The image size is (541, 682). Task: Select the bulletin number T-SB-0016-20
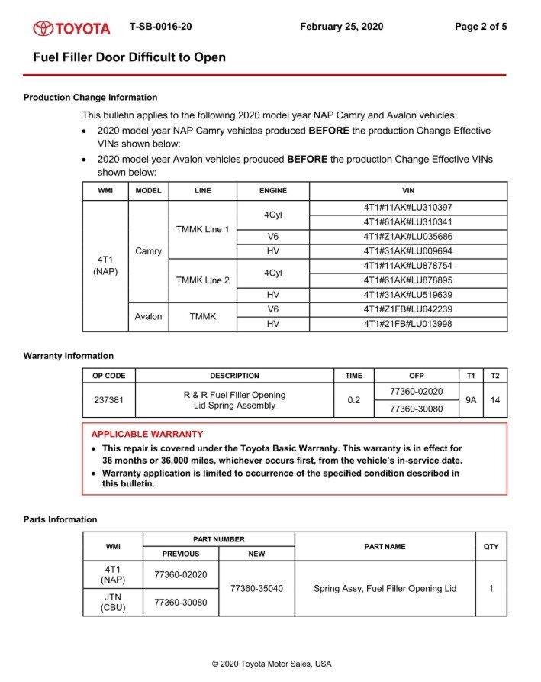(161, 27)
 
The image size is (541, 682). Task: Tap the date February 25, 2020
(342, 27)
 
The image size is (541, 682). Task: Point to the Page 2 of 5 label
(481, 27)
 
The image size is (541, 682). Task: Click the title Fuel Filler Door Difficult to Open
(129, 57)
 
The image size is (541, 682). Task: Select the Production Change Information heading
(90, 98)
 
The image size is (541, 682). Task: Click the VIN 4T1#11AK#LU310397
(408, 208)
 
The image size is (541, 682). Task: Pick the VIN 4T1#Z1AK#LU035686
(408, 237)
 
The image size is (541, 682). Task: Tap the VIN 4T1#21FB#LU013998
(408, 325)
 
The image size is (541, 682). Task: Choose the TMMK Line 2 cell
(202, 280)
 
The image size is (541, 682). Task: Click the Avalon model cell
(148, 317)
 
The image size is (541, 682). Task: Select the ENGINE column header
(273, 190)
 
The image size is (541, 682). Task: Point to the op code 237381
(108, 400)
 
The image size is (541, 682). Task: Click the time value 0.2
(354, 400)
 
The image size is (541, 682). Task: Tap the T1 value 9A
(471, 400)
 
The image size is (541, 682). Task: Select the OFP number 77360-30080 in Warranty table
(416, 409)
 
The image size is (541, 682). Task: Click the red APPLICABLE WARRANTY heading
(147, 434)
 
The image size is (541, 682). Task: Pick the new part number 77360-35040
(256, 589)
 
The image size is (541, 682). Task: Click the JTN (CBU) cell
(112, 603)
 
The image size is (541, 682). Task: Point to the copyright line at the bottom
(272, 664)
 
